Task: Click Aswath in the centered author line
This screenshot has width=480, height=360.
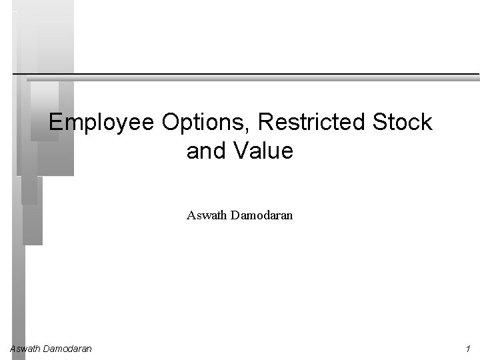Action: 204,215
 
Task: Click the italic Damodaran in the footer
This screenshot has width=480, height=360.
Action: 67,349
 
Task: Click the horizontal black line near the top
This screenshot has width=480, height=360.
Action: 247,73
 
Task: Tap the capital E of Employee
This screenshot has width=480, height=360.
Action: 55,123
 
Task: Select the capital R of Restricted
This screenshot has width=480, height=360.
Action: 263,123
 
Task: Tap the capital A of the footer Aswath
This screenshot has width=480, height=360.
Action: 13,349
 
